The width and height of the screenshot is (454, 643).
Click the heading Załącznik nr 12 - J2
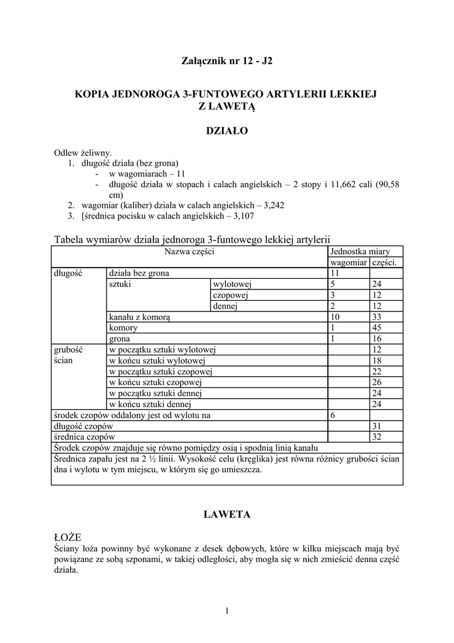[x=227, y=62]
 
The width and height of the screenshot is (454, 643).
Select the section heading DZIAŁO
[x=227, y=131]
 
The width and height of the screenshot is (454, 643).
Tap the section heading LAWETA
[x=227, y=514]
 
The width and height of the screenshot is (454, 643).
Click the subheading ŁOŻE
[x=68, y=538]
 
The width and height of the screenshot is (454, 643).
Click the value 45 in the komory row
[x=377, y=328]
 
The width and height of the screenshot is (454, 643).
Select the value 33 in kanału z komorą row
[x=377, y=317]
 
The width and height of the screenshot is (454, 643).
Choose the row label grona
[x=120, y=339]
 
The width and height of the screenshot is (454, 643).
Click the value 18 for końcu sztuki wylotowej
[x=377, y=360]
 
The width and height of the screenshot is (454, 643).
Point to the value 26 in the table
[x=377, y=382]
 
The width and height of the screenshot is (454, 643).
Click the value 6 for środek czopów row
[x=333, y=415]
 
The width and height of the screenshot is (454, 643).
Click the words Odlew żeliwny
[x=83, y=153]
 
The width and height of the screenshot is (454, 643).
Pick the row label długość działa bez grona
[x=139, y=273]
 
